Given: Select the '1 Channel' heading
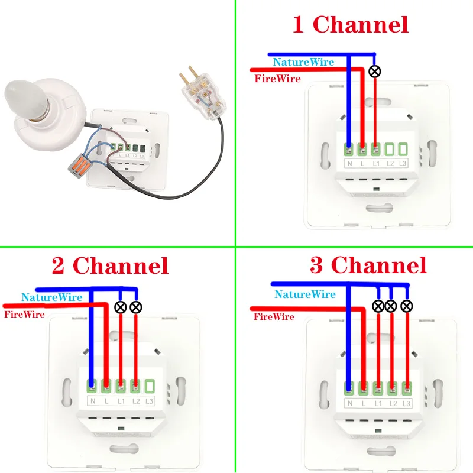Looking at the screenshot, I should tap(351, 25).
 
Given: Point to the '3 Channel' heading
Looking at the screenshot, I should tap(368, 265).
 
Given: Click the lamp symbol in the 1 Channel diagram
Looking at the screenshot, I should tap(374, 72).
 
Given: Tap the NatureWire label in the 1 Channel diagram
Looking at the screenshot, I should tap(303, 61).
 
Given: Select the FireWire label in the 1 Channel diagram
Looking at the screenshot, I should tap(277, 79).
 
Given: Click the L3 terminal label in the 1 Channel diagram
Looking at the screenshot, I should tap(403, 163).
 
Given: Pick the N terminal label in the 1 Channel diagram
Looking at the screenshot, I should tap(349, 163).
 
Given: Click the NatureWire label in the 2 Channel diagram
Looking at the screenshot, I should tap(51, 297).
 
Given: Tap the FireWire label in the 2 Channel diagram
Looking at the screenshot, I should tap(24, 314).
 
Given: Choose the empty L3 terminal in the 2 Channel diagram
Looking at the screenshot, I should tap(150, 387).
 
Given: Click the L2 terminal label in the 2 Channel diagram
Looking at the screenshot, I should tap(135, 401).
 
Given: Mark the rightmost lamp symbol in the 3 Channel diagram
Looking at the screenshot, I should tap(406, 306).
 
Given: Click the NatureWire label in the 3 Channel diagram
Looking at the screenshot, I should tap(305, 294).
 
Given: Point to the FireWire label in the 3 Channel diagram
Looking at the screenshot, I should tap(274, 317).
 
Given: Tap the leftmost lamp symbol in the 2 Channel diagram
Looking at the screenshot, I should tap(121, 306).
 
